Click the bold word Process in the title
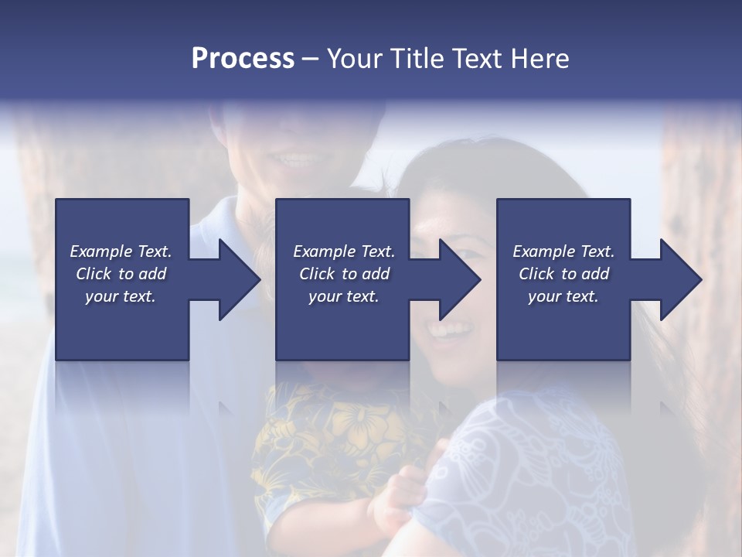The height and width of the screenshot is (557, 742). coord(243,59)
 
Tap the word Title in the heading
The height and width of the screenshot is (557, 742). coord(414,59)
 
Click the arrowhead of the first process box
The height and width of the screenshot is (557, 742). coord(237,279)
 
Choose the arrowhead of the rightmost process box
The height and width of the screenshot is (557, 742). coord(679,279)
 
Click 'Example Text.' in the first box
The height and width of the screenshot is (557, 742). coord(121,251)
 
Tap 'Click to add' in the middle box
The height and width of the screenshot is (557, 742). coord(344,274)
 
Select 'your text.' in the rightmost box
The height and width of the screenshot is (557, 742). coord(563,296)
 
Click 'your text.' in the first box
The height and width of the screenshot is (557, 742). coord(121,296)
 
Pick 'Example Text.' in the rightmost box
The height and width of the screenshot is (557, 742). coord(563,251)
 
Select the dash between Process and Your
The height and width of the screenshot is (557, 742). coord(310,59)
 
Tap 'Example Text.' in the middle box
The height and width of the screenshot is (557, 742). coord(344,251)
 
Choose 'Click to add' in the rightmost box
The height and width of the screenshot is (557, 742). coord(563,274)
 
